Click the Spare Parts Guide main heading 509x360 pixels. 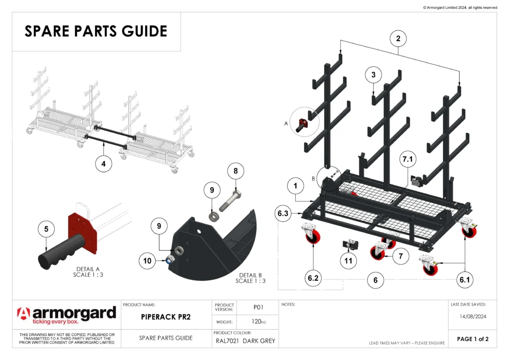coord(96,31)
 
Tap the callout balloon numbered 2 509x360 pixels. coord(398,38)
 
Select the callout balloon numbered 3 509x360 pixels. coord(373,75)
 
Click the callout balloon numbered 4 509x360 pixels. coord(103,163)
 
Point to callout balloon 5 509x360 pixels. coord(46,229)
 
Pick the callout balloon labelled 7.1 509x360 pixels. coord(408,160)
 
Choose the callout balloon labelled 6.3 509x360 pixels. coord(283,213)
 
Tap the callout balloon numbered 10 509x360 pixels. coord(148,260)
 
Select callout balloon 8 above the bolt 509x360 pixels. coord(236,172)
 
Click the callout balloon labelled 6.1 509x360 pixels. coord(464,280)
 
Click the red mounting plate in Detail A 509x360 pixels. coord(81,229)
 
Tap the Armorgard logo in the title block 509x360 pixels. coord(66,314)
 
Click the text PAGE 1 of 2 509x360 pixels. coord(472,339)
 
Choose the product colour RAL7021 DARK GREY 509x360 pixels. coord(245,341)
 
